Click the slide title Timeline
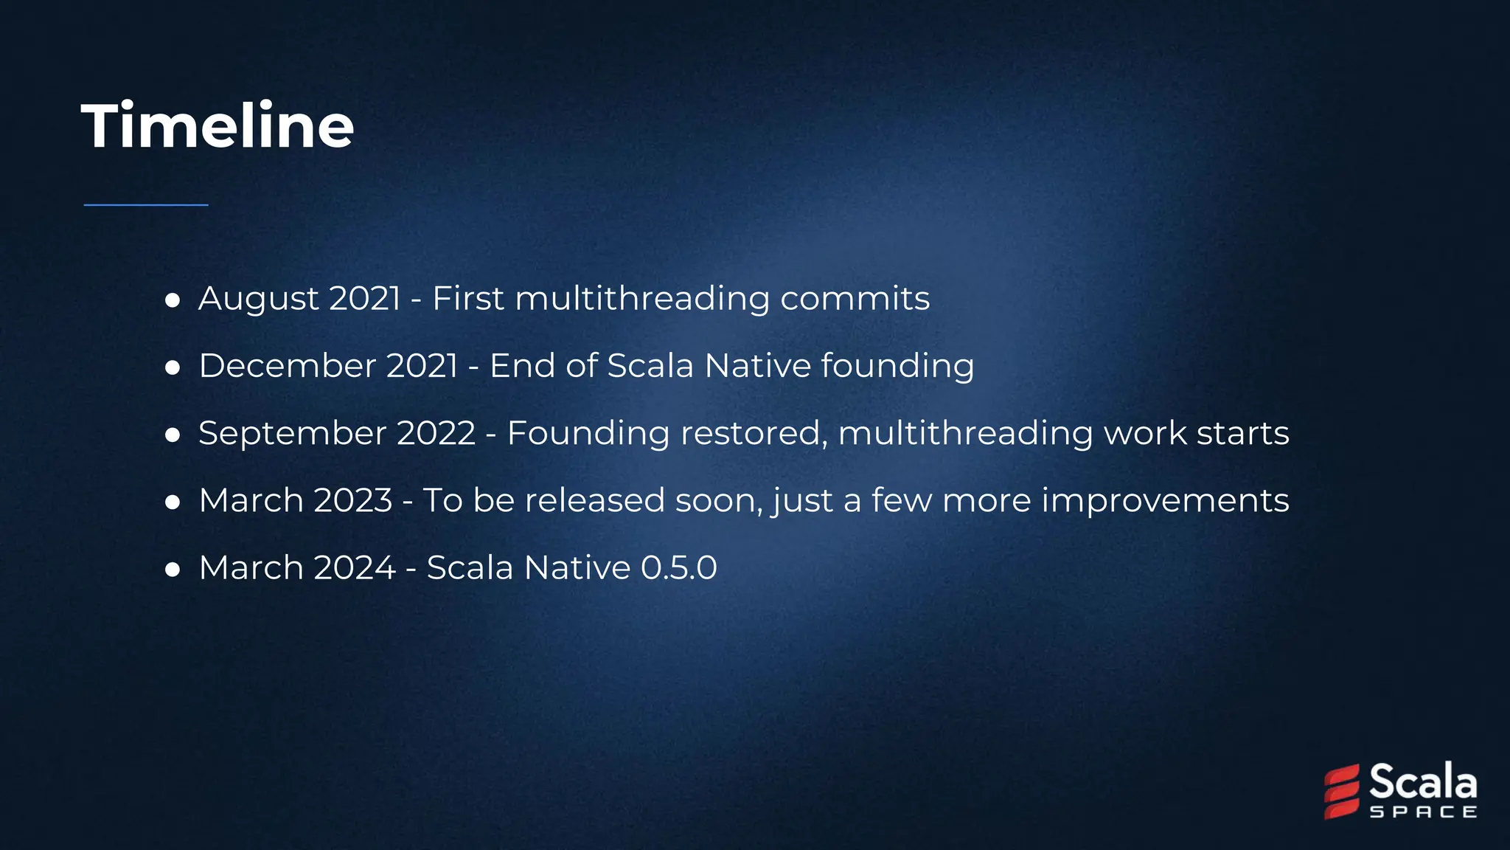pyautogui.click(x=218, y=126)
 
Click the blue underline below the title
pyautogui.click(x=146, y=205)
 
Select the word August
pyautogui.click(x=259, y=299)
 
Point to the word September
pyautogui.click(x=293, y=434)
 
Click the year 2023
pyautogui.click(x=353, y=500)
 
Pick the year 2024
pyautogui.click(x=355, y=568)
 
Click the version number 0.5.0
pyautogui.click(x=678, y=568)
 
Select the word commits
pyautogui.click(x=855, y=299)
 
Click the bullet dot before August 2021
pyautogui.click(x=173, y=300)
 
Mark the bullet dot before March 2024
pyautogui.click(x=173, y=570)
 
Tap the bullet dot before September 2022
pyautogui.click(x=173, y=435)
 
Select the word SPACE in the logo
pyautogui.click(x=1423, y=812)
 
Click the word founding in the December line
pyautogui.click(x=897, y=367)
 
